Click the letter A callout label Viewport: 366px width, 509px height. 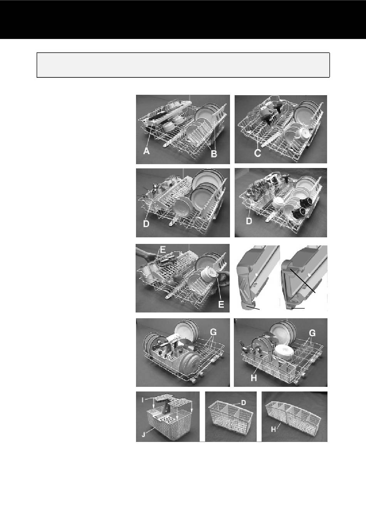tap(146, 151)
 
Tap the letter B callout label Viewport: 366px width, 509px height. tap(214, 154)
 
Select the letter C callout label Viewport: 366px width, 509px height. tap(257, 153)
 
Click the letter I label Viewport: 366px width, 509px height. tap(143, 407)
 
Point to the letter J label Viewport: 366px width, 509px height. tap(143, 435)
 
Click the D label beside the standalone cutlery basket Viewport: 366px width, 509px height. tap(243, 403)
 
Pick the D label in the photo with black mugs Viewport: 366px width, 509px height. tap(249, 221)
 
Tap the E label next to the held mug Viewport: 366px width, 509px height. tap(221, 304)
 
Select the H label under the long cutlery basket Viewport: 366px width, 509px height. tap(274, 429)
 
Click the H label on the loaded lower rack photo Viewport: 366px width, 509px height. tap(254, 378)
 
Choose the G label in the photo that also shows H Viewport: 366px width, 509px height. tap(312, 333)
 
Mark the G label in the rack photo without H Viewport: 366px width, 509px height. tap(213, 333)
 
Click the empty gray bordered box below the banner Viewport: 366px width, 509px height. tap(183, 65)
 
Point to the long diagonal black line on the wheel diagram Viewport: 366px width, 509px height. tap(302, 281)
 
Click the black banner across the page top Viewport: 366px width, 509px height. tap(183, 20)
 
